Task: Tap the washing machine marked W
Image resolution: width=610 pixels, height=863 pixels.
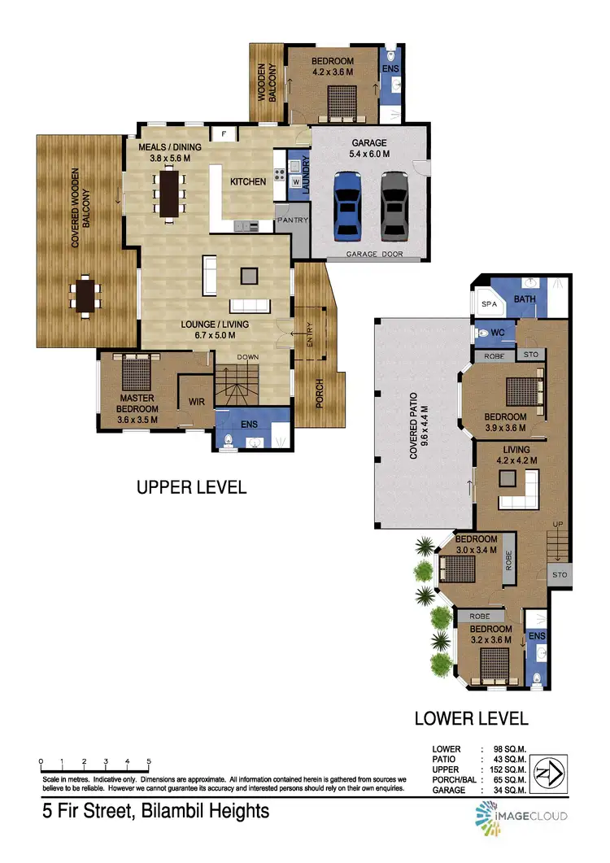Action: click(x=295, y=181)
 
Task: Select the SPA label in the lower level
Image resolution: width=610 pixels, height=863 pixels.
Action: click(x=490, y=303)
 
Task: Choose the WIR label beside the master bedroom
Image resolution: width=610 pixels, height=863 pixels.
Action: click(x=195, y=400)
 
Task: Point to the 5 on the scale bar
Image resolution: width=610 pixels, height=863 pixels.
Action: click(x=149, y=762)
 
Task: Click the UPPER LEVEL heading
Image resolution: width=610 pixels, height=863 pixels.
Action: click(x=191, y=487)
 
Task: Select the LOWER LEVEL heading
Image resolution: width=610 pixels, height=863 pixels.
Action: click(x=471, y=718)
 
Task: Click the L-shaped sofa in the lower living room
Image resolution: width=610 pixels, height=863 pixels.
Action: click(x=521, y=489)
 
